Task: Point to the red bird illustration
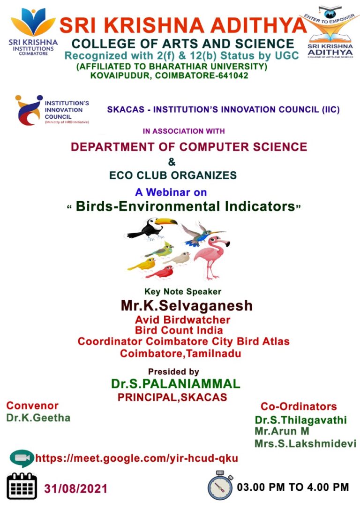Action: pos(160,272)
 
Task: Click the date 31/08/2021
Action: pos(76,488)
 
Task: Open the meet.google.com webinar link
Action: pos(136,458)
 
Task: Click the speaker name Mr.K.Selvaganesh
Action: pos(187,306)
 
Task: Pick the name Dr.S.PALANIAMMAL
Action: pos(176,384)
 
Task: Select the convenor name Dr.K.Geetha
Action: pos(38,418)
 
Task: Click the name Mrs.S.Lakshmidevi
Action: pos(305,443)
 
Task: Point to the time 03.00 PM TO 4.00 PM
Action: pos(293,487)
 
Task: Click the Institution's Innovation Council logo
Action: pos(29,110)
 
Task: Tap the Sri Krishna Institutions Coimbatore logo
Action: pos(33,30)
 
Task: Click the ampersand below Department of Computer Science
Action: pos(172,162)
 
